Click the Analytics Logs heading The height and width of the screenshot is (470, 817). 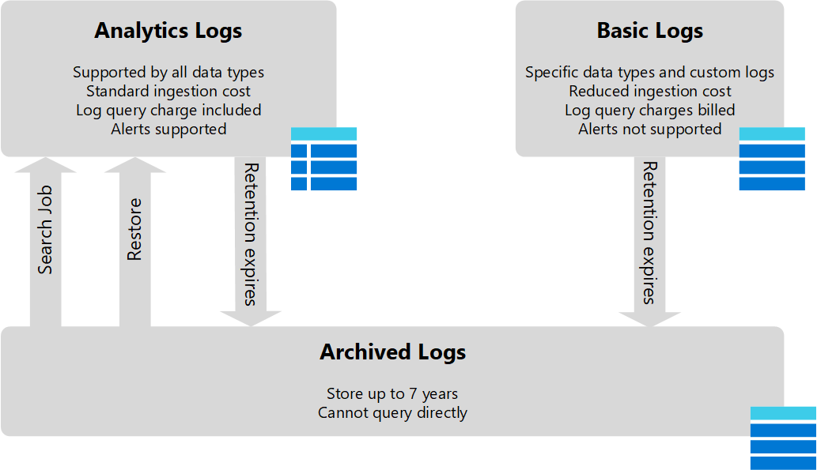click(x=168, y=31)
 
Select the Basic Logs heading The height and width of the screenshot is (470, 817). click(x=649, y=31)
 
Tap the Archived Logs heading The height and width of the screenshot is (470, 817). click(x=392, y=352)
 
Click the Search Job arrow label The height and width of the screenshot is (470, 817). click(x=46, y=230)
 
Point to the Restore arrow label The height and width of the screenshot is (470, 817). click(x=135, y=229)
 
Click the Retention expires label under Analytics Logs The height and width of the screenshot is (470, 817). click(x=251, y=234)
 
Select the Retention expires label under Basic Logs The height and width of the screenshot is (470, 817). click(x=649, y=233)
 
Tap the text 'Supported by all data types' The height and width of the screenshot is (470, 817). click(x=168, y=73)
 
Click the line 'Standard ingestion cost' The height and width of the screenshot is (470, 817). click(x=168, y=92)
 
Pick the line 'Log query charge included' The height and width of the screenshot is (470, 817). click(x=168, y=111)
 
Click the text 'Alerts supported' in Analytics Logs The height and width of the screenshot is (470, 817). click(x=168, y=129)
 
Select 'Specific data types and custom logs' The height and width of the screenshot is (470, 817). click(x=649, y=73)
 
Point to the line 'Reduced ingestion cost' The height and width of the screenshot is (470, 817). click(x=649, y=92)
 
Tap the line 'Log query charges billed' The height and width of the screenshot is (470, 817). click(x=649, y=111)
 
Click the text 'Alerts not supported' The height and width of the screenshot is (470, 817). click(x=649, y=129)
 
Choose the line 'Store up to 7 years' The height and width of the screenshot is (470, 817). click(x=392, y=393)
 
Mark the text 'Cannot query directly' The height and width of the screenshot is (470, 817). click(x=392, y=412)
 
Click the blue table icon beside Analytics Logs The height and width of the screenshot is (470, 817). click(x=323, y=159)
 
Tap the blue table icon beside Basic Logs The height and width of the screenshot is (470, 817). click(x=771, y=159)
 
